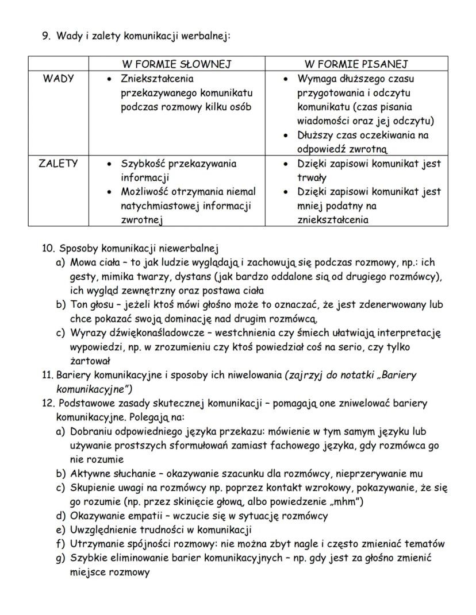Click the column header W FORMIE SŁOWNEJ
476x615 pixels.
pyautogui.click(x=177, y=64)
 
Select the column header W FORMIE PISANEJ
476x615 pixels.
pyautogui.click(x=355, y=64)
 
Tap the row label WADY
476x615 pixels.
pyautogui.click(x=58, y=79)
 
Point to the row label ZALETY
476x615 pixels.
pyautogui.click(x=58, y=163)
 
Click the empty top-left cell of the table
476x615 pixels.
pyautogui.click(x=58, y=64)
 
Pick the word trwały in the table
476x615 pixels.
pyautogui.click(x=312, y=177)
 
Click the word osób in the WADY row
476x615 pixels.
pyautogui.click(x=241, y=107)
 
